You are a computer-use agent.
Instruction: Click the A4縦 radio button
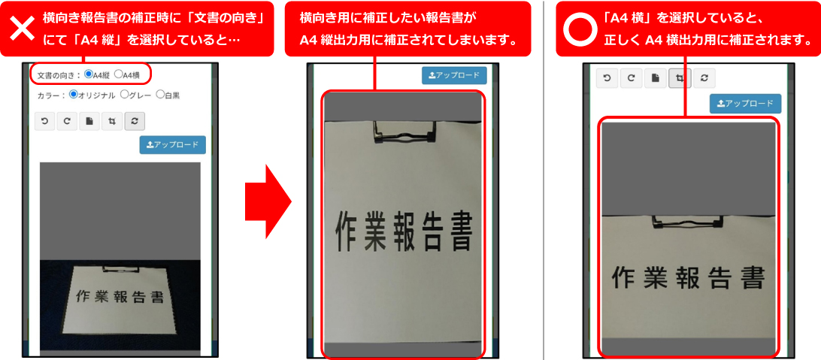[x=89, y=74]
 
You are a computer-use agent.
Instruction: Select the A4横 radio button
[x=118, y=74]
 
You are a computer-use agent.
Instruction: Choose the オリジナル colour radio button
[x=74, y=95]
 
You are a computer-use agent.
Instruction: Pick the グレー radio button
[x=125, y=95]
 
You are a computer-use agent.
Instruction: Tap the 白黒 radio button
[x=160, y=95]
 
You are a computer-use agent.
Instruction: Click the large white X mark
[x=22, y=29]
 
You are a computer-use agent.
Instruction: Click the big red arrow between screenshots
[x=268, y=201]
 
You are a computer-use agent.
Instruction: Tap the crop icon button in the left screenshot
[x=111, y=122]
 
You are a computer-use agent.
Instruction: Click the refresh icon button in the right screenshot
[x=704, y=77]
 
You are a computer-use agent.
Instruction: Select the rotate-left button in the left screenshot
[x=44, y=122]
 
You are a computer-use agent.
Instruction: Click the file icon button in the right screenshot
[x=655, y=77]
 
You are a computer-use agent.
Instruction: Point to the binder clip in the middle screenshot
[x=403, y=132]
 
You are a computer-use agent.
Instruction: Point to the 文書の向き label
[x=56, y=75]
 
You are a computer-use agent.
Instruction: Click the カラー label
[x=48, y=95]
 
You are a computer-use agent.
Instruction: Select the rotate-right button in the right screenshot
[x=631, y=77]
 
